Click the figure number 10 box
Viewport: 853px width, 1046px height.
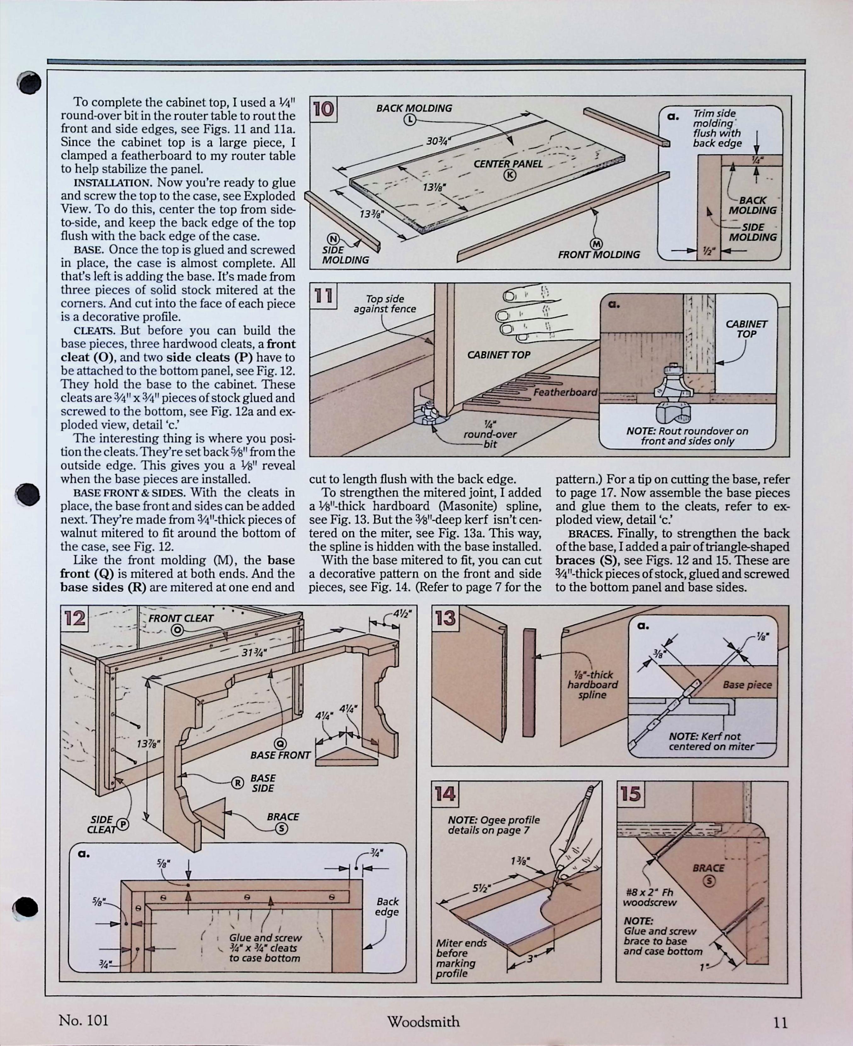click(x=323, y=109)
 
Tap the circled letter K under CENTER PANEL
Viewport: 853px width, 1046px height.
click(x=510, y=175)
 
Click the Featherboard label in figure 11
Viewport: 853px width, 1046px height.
click(x=565, y=392)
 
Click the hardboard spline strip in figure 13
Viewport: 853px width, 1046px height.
click(x=529, y=683)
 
